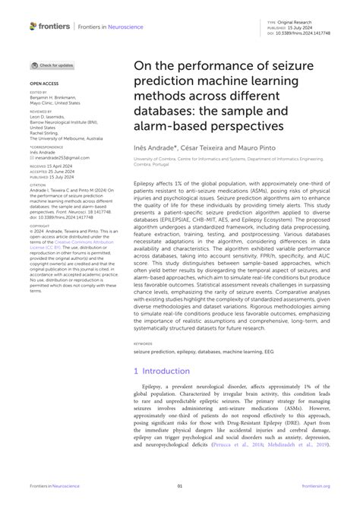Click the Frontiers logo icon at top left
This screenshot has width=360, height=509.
pyautogui.click(x=33, y=26)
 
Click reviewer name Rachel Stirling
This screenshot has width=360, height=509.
pyautogui.click(x=46, y=132)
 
